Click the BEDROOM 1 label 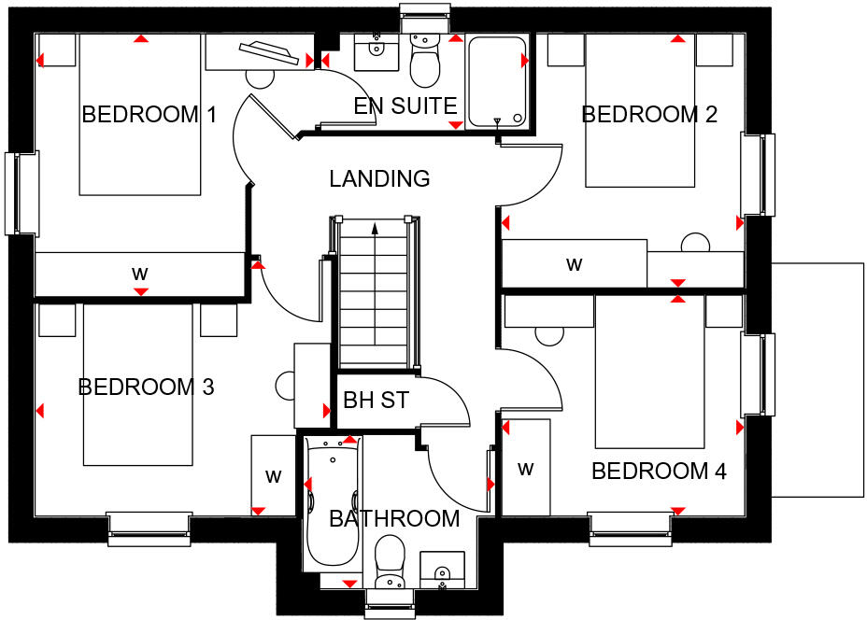[x=149, y=115]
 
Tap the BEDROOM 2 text [x=649, y=115]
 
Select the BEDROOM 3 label [x=147, y=387]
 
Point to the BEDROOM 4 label [x=659, y=472]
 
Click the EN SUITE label [x=405, y=106]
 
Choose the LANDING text [x=379, y=178]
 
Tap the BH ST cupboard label [x=377, y=401]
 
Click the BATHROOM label [x=394, y=518]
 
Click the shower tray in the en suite [x=497, y=82]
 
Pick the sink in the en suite [x=376, y=52]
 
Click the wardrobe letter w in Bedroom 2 [x=575, y=264]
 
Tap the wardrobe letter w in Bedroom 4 [x=526, y=468]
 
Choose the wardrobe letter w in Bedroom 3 [x=273, y=476]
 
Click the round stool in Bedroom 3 [x=286, y=385]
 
